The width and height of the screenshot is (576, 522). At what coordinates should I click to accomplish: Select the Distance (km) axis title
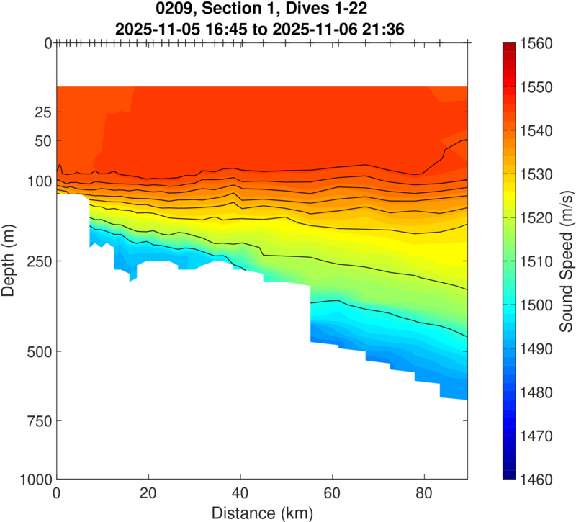tap(262, 513)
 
